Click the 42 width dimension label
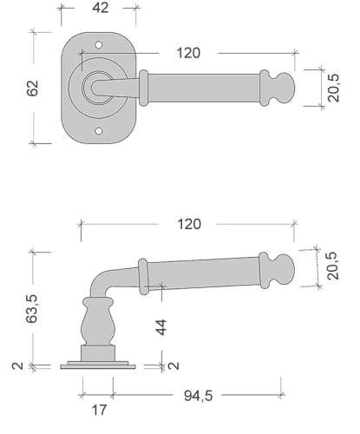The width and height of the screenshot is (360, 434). coord(101,8)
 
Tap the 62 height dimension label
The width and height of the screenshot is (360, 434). coord(32,88)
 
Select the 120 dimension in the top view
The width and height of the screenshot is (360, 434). coord(188,53)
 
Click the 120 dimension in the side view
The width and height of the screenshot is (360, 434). coord(189,224)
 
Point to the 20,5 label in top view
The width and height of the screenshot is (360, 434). coord(334,88)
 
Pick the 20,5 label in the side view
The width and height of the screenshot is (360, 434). coord(332,266)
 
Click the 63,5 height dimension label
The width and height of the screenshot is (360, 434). coord(31,308)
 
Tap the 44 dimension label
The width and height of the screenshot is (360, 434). coord(161,327)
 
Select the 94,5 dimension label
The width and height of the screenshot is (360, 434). coord(199,396)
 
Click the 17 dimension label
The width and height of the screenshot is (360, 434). coord(99,410)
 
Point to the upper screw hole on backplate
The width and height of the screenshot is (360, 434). coord(99,45)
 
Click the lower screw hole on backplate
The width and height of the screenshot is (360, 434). coord(99,131)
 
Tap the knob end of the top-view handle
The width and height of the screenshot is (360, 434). coord(284,88)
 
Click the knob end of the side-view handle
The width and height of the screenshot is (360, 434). coord(284,270)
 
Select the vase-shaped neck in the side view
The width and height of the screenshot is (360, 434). coord(98,321)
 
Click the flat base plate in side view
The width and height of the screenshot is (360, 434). coord(98,367)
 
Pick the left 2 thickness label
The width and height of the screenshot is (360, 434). coord(17,365)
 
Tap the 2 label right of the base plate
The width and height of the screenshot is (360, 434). coord(173,365)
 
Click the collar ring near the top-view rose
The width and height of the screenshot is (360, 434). coord(143,88)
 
